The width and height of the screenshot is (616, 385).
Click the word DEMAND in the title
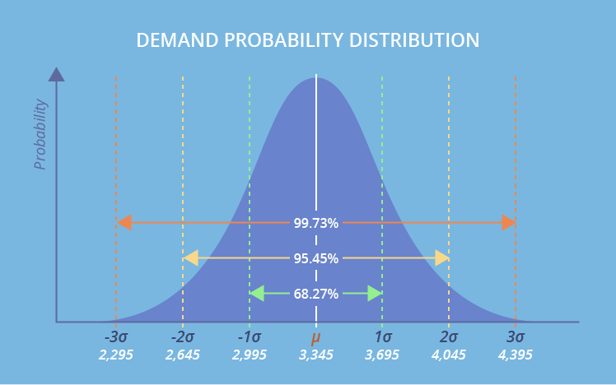point(177,40)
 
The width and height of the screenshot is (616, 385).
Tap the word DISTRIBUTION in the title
point(414,40)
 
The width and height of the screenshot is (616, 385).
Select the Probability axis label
point(40,134)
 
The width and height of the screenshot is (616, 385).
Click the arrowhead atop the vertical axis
point(56,75)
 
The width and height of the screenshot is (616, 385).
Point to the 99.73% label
point(316,223)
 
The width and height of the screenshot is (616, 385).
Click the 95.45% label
point(316,258)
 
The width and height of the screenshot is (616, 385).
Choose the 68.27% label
point(316,294)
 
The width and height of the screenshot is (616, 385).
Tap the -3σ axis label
point(116,336)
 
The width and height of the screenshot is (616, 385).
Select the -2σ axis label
point(183,336)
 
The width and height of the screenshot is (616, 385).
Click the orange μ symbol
point(316,337)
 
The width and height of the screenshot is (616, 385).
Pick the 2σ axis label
point(449,336)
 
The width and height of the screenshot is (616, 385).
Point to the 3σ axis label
point(516,336)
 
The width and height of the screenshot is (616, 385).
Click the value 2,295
point(115,355)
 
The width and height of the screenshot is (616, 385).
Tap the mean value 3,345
point(316,355)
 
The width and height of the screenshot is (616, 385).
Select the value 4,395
point(515,355)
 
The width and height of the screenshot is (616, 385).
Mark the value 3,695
point(382,355)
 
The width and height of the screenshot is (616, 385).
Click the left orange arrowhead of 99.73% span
point(124,223)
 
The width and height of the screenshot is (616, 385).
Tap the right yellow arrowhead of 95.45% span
point(442,258)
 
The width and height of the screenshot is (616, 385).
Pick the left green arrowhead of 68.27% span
point(257,294)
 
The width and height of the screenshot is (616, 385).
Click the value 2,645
point(182,355)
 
